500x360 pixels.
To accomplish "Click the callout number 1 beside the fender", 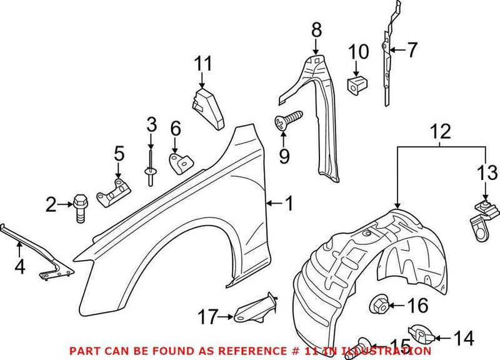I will click(x=289, y=202).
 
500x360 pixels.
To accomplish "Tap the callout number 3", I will click(x=151, y=124).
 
